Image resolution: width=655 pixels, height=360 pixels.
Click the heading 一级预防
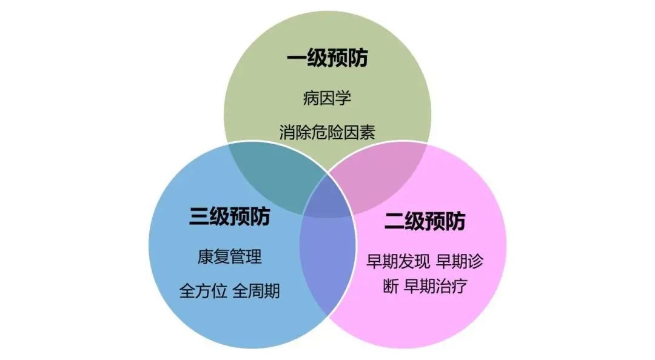tap(327, 58)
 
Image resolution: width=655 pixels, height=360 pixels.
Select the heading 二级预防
tap(425, 221)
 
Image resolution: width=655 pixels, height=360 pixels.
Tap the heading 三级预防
tap(230, 216)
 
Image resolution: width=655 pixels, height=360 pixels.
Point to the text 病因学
tap(327, 99)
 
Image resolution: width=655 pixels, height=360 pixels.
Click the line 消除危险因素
tap(327, 132)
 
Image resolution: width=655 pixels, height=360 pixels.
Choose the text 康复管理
tap(230, 256)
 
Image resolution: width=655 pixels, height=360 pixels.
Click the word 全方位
tap(203, 291)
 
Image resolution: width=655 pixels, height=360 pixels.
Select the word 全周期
tap(256, 291)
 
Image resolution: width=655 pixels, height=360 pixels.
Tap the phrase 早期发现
tap(398, 261)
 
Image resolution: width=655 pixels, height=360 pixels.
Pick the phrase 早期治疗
tap(435, 286)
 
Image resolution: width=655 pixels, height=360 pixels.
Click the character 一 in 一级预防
tap(297, 58)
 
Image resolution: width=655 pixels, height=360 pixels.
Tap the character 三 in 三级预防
tap(199, 216)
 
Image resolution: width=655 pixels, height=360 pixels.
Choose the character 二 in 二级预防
tap(394, 221)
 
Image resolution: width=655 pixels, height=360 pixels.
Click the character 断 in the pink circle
tap(391, 286)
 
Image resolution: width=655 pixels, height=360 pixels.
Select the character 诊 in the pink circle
tap(475, 261)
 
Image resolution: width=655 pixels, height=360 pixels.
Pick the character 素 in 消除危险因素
tap(368, 132)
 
